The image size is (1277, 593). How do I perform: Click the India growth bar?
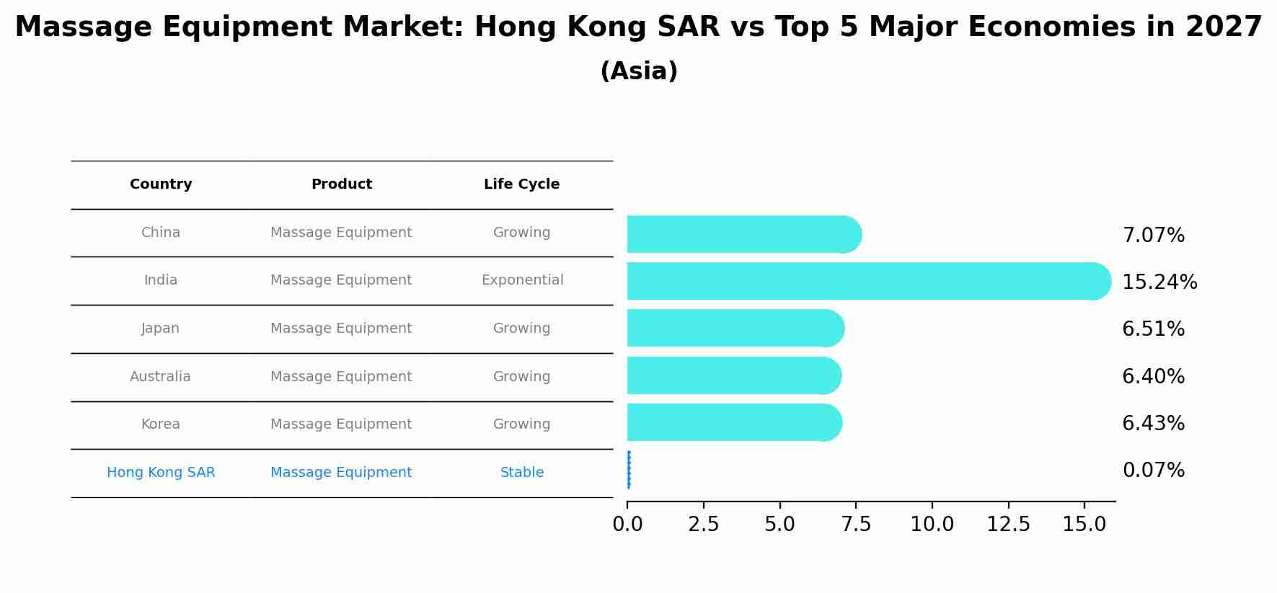pyautogui.click(x=865, y=281)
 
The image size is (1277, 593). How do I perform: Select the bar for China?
pyautogui.click(x=743, y=234)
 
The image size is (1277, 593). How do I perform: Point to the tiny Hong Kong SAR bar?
pyautogui.click(x=629, y=470)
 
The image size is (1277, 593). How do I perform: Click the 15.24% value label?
pyautogui.click(x=1159, y=282)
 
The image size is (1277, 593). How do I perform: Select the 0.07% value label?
pyautogui.click(x=1153, y=471)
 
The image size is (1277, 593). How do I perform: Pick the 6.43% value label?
pyautogui.click(x=1153, y=424)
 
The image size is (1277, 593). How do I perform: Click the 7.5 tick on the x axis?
pyautogui.click(x=856, y=525)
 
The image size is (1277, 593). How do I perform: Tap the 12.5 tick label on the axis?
pyautogui.click(x=1008, y=525)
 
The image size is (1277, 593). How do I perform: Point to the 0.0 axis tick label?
pyautogui.click(x=627, y=525)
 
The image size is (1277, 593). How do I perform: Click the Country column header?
pyautogui.click(x=161, y=184)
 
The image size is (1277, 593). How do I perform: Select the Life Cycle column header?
pyautogui.click(x=521, y=184)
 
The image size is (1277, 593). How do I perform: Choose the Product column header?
pyautogui.click(x=341, y=184)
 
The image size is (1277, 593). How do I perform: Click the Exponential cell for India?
pyautogui.click(x=522, y=280)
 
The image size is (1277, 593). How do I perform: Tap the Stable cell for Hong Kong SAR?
pyautogui.click(x=521, y=473)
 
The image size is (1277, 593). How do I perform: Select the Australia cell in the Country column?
pyautogui.click(x=160, y=377)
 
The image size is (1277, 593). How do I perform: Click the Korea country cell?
pyautogui.click(x=160, y=424)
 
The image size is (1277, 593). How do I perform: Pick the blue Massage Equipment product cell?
pyautogui.click(x=341, y=473)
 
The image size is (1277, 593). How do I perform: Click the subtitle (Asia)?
pyautogui.click(x=638, y=71)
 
